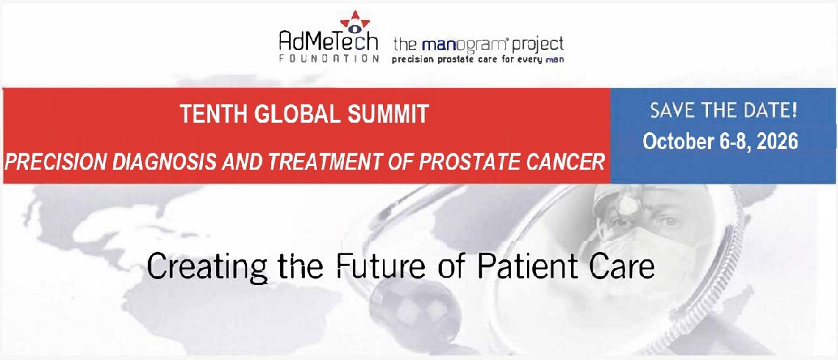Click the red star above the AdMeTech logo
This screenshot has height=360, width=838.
tap(355, 21)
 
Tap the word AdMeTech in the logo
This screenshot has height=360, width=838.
tap(329, 40)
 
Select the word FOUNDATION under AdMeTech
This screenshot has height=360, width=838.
tap(329, 59)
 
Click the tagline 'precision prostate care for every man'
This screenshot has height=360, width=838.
tap(478, 60)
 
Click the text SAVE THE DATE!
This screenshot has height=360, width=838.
tap(723, 110)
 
